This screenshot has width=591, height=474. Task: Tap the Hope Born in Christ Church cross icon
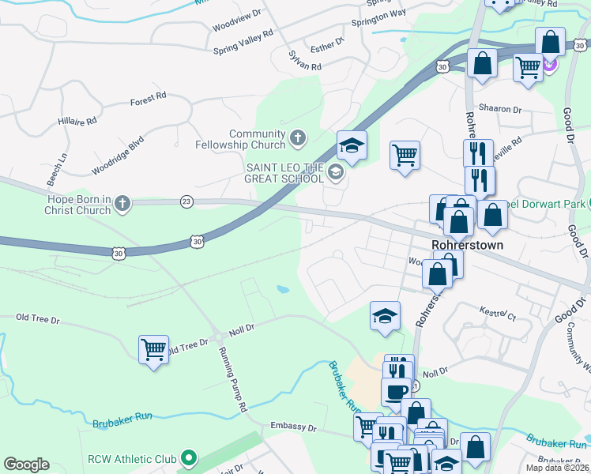point(122,205)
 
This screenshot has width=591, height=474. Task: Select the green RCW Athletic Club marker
point(188,458)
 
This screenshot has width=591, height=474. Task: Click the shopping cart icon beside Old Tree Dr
point(153,348)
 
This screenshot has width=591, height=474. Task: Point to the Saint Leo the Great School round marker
point(336,173)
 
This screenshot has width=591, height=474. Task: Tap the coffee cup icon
point(396,390)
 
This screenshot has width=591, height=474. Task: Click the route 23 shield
point(186,201)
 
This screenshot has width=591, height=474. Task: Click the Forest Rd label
point(149,98)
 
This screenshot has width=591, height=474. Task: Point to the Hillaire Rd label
point(77,122)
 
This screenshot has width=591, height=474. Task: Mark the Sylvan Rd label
point(305,62)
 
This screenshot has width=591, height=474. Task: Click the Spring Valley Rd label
point(243,42)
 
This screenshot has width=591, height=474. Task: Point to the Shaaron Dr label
point(500,109)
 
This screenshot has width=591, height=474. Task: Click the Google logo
point(26,465)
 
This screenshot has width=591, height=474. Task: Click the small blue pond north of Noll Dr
point(282,290)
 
